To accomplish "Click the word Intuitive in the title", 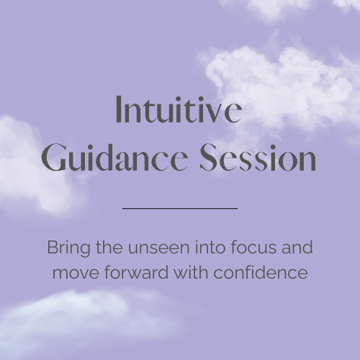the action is click(179, 109).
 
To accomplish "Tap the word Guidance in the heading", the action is click(114, 157).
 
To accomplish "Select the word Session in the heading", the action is click(258, 157).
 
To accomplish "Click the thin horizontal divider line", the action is click(180, 208).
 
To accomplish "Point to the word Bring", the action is click(69, 248).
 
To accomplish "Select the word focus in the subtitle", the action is click(253, 247).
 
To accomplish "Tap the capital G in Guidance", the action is click(54, 157).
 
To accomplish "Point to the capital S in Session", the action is click(208, 157).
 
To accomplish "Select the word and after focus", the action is click(297, 247).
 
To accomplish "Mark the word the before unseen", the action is click(109, 247).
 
